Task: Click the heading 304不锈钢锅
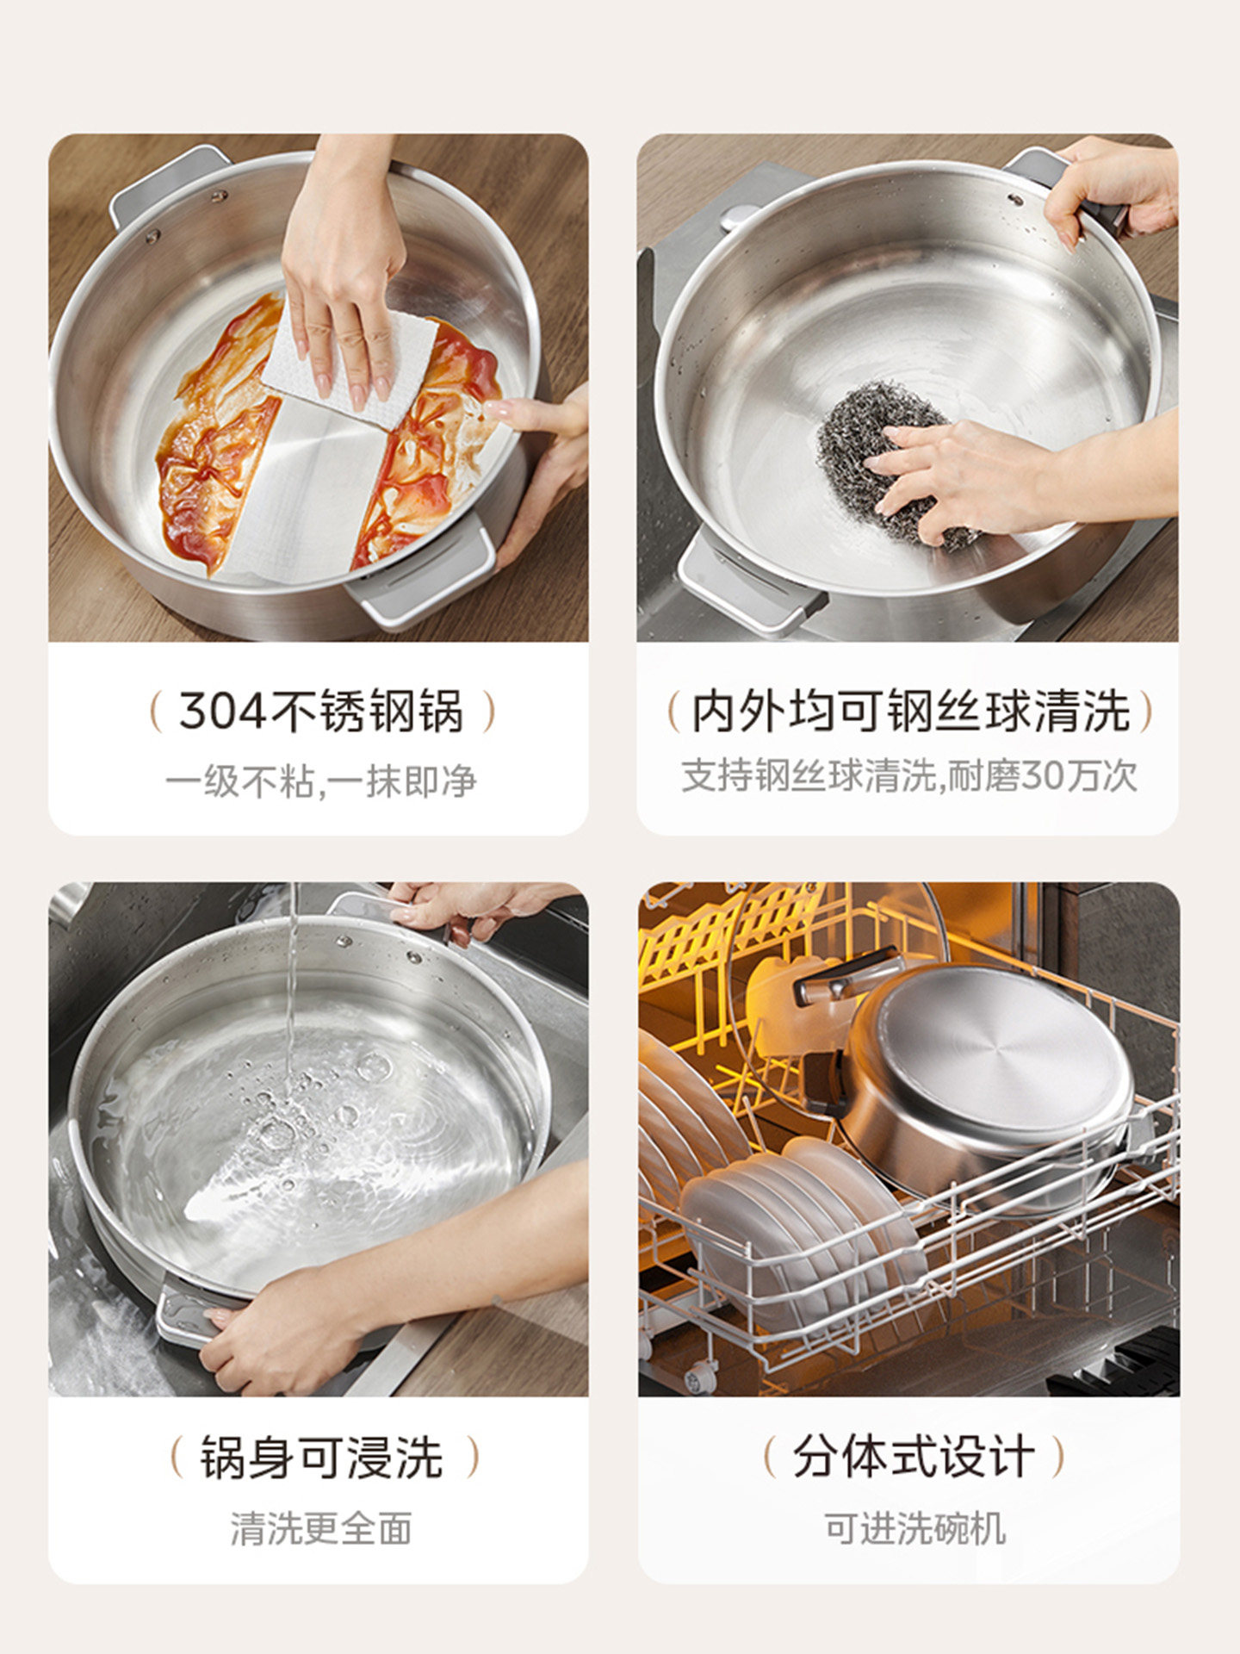point(321,712)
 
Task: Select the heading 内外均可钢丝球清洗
point(909,712)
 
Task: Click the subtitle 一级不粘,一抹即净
point(321,781)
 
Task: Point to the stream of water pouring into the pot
point(293,991)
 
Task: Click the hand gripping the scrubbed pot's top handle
point(1111,185)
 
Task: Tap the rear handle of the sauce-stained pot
point(168,185)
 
